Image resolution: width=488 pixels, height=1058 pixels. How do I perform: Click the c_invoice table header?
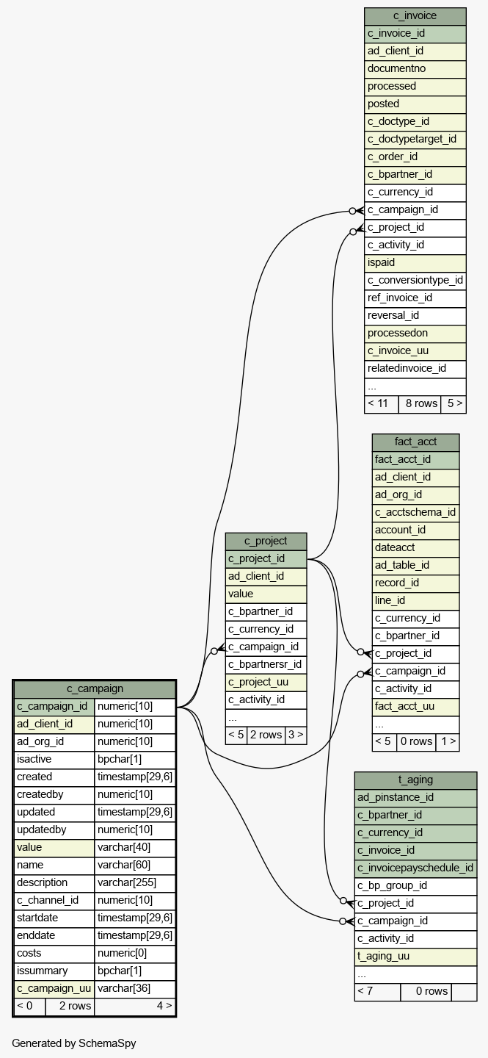(x=415, y=16)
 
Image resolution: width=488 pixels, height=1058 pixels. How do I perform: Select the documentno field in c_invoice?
(x=415, y=69)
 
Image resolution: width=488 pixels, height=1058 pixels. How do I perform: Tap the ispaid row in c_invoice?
(x=415, y=263)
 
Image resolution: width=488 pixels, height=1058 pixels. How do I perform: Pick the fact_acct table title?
(x=415, y=442)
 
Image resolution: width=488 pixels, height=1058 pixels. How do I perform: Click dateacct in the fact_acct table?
(x=415, y=548)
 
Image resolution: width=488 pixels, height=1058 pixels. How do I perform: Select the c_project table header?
(x=266, y=541)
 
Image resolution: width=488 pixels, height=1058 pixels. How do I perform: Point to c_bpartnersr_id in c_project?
(x=266, y=665)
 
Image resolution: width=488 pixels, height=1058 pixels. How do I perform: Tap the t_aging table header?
(x=415, y=780)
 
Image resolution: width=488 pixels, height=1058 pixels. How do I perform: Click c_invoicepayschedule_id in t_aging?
(x=415, y=868)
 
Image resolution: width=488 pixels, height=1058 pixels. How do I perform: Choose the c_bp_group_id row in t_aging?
(x=415, y=886)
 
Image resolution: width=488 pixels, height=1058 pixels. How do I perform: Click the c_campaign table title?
(x=95, y=689)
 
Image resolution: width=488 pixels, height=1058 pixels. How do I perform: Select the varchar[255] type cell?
(x=135, y=883)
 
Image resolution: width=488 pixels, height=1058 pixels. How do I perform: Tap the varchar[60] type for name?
(x=135, y=866)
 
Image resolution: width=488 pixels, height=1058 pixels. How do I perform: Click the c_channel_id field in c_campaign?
(x=54, y=901)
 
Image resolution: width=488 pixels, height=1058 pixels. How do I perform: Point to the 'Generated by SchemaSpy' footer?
(x=74, y=1043)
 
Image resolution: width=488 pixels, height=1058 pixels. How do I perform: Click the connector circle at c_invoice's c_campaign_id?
(x=352, y=211)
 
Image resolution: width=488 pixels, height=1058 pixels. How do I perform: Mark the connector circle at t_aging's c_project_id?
(x=343, y=901)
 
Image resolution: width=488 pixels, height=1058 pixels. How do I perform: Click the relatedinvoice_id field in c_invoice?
(x=415, y=369)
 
